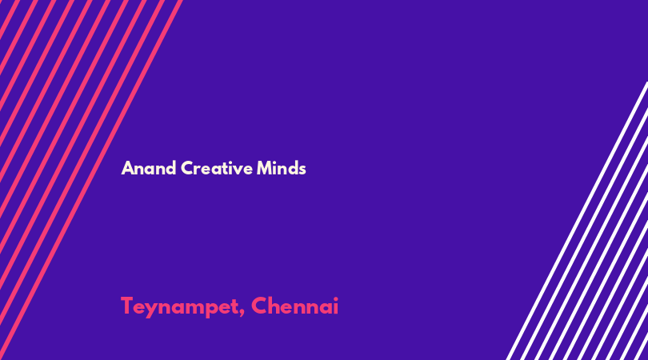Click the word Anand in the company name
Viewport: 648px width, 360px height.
149,168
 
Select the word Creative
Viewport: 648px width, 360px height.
217,168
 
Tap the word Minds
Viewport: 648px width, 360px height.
281,168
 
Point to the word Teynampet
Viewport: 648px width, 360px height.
180,306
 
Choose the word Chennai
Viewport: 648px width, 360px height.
294,306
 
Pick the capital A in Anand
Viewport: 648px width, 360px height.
128,168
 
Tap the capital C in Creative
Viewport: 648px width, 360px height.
188,168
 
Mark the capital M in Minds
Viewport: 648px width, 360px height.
264,168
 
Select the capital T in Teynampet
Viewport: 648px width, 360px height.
128,306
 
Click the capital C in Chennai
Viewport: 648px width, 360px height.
259,306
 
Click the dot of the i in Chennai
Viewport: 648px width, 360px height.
335,299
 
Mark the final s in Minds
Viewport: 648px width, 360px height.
302,170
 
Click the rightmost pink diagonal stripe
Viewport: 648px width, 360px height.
91,180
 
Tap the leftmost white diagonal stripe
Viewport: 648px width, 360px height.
578,221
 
